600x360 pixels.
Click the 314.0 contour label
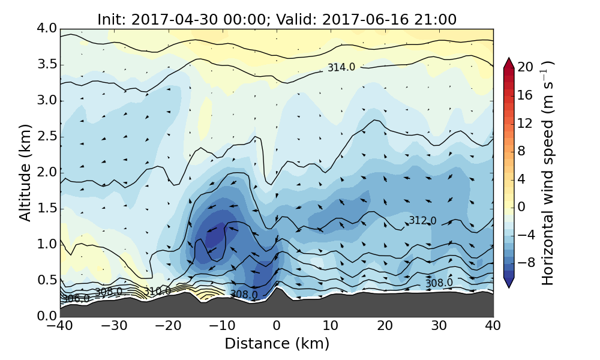click(x=341, y=68)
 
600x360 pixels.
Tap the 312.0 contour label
click(x=422, y=221)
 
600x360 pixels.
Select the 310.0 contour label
click(x=157, y=291)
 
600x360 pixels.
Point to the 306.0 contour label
click(x=76, y=298)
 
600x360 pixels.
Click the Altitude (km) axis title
click(x=25, y=172)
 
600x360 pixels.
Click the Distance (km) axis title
click(x=277, y=344)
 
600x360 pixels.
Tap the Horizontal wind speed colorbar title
click(x=548, y=173)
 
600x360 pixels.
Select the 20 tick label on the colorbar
click(x=526, y=67)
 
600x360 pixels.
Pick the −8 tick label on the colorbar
click(x=526, y=262)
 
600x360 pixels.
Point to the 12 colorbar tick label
click(x=526, y=123)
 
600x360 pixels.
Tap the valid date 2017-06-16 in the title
click(x=356, y=20)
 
